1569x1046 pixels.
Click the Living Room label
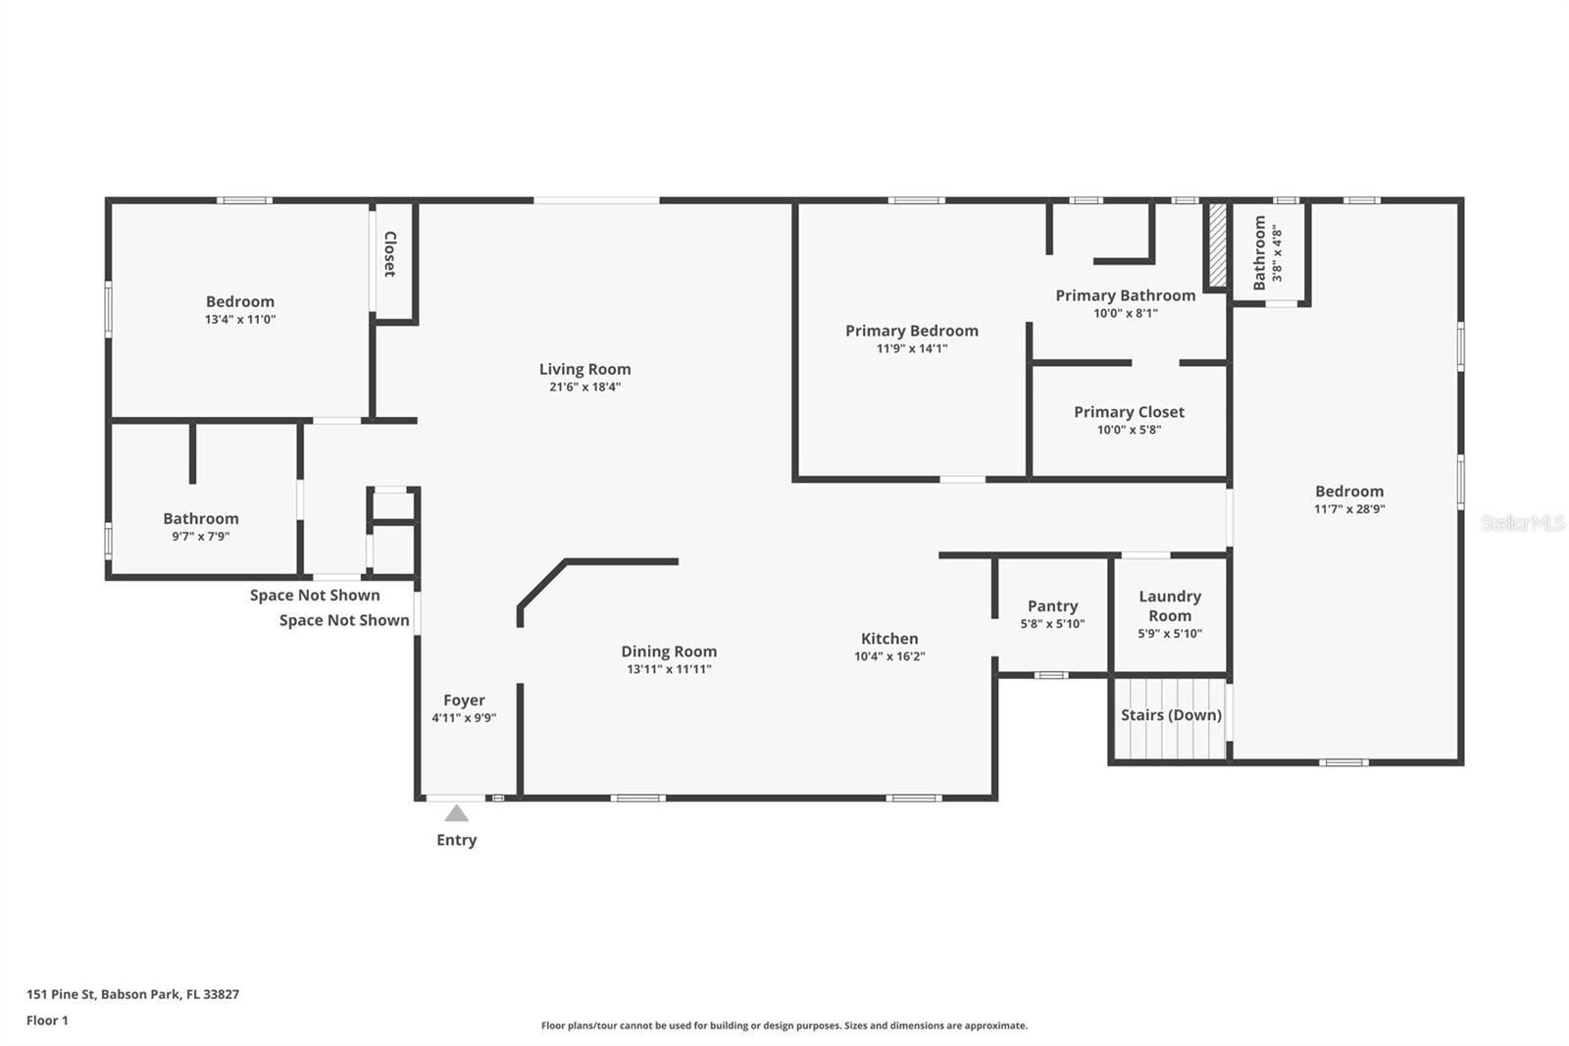[x=584, y=369]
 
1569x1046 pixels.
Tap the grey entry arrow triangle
[x=456, y=812]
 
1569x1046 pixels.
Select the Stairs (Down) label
[x=1171, y=714]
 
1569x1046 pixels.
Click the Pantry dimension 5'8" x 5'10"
[x=1052, y=624]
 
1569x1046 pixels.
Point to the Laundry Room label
[x=1170, y=605]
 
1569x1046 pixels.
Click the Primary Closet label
[x=1129, y=412]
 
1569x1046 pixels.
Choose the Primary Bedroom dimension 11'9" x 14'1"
[x=912, y=348]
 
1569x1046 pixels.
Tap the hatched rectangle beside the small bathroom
[x=1217, y=245]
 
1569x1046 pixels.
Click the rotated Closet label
[x=389, y=254]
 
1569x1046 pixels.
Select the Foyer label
[x=464, y=700]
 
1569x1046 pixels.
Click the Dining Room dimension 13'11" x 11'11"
[x=669, y=669]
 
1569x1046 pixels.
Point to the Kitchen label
[x=889, y=638]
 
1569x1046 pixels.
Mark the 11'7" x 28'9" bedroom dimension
[x=1349, y=509]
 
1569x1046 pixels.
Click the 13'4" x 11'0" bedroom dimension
[x=240, y=319]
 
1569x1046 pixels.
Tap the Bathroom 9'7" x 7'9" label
[x=201, y=518]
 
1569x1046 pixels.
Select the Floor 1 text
[x=47, y=1020]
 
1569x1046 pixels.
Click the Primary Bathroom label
[x=1125, y=295]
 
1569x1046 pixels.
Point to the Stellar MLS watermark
[x=1522, y=523]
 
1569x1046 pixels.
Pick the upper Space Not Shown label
[x=315, y=595]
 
